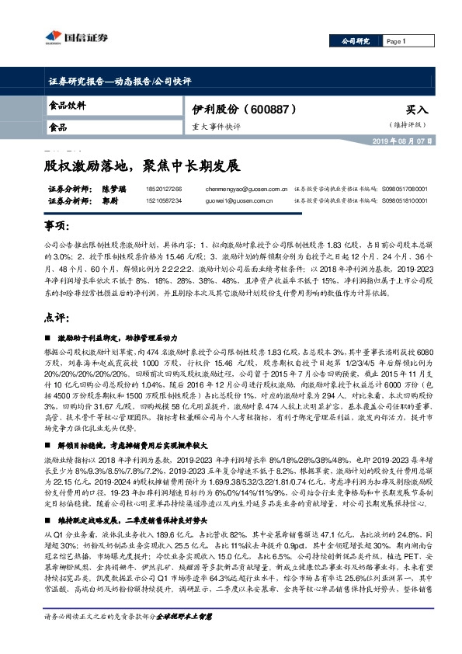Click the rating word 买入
(x=416, y=110)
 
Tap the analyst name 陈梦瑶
(x=92, y=189)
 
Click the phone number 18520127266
(x=162, y=189)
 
